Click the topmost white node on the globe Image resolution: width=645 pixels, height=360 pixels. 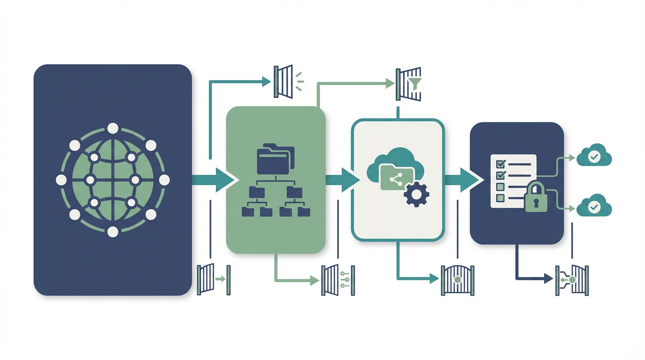112,128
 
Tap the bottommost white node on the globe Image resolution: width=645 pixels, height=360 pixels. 112,231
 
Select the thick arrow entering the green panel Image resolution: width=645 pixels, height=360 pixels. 213,180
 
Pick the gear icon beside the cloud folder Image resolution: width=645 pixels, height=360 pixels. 416,195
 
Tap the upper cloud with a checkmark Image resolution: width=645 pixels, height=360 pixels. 594,157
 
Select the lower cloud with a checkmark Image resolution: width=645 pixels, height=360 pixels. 594,207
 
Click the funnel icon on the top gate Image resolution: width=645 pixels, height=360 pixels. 415,83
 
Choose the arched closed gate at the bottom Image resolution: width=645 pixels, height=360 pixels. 458,280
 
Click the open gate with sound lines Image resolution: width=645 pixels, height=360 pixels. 284,81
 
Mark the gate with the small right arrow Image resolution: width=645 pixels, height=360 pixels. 213,279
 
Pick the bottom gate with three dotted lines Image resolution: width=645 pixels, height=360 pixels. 337,280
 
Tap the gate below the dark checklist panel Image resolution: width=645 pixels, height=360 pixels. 572,280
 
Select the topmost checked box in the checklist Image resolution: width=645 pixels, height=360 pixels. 501,164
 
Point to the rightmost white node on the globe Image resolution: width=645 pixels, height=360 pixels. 164,180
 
